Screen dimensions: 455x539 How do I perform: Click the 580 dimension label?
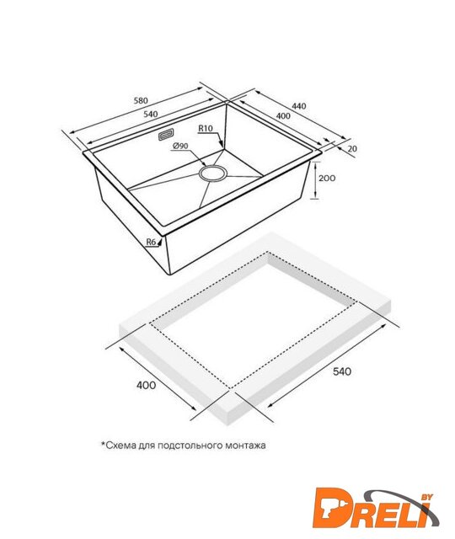[141, 100]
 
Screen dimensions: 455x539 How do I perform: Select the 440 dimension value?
[299, 106]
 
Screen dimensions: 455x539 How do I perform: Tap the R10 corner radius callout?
[206, 129]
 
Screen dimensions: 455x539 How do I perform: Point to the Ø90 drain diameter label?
[180, 146]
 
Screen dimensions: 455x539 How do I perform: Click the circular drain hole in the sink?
[213, 173]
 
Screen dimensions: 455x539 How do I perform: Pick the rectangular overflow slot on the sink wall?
[166, 135]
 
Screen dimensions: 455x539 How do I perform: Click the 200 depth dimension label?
[327, 178]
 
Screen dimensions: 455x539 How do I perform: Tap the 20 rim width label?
[352, 148]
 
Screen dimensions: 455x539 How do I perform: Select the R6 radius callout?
[152, 242]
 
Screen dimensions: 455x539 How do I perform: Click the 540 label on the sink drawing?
[150, 115]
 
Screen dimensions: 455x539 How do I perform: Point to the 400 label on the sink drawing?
[283, 116]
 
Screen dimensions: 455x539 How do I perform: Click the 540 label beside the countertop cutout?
[342, 371]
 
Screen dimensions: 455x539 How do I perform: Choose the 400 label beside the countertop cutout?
[146, 385]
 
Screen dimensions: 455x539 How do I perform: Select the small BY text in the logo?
[427, 497]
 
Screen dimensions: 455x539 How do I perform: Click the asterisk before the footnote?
[103, 444]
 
